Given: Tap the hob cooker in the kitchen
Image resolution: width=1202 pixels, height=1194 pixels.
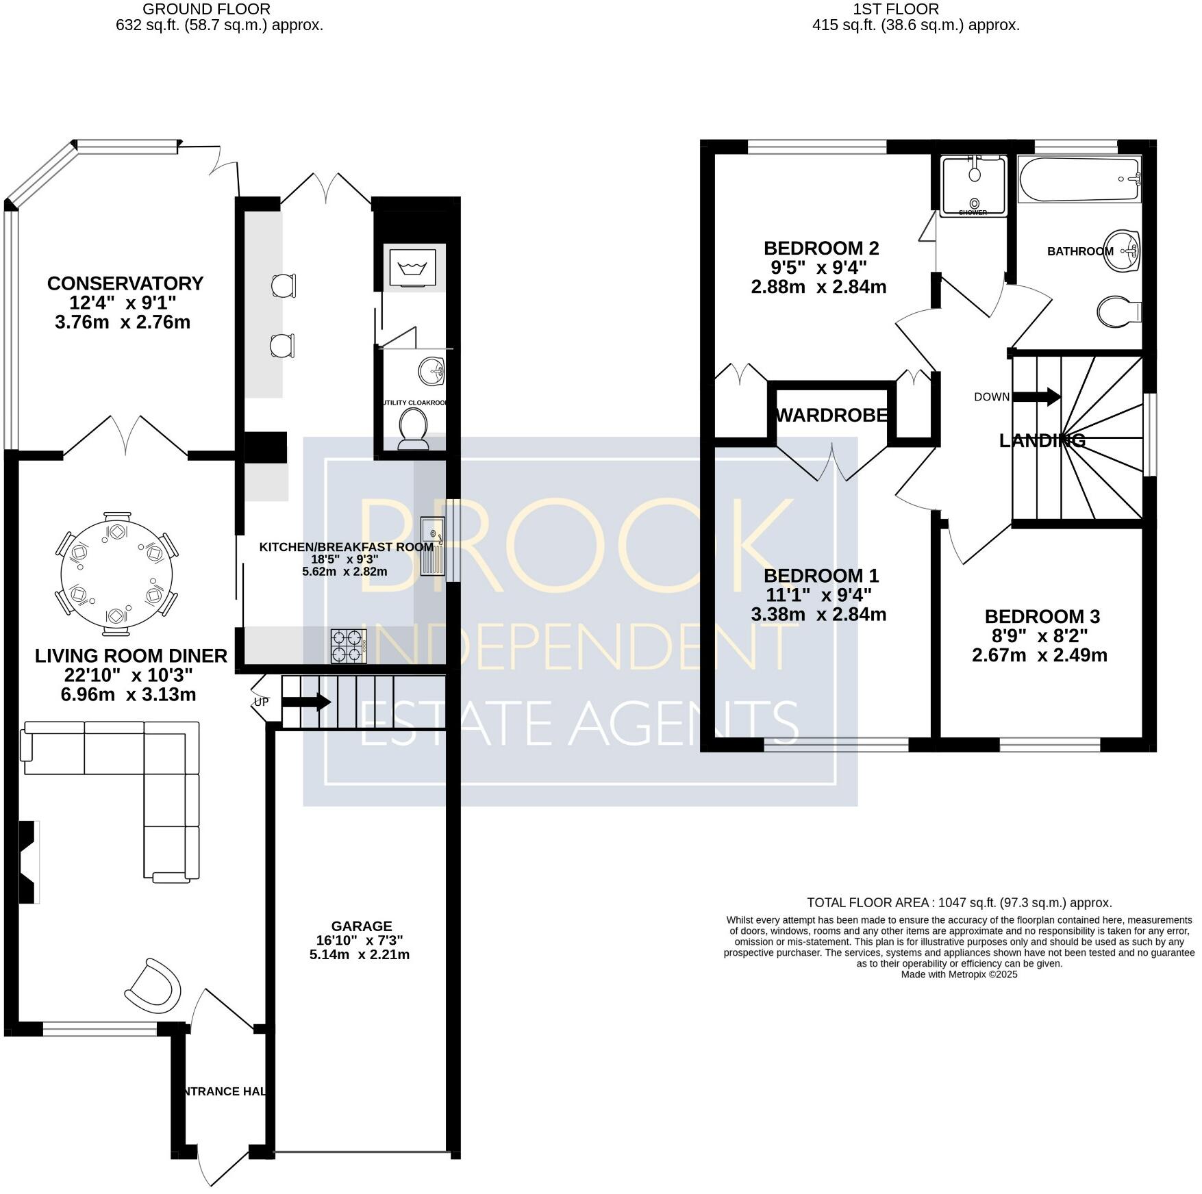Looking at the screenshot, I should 349,646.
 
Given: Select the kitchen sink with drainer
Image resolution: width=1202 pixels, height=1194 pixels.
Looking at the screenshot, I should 432,546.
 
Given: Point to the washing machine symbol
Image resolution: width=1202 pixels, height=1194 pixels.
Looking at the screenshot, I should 413,266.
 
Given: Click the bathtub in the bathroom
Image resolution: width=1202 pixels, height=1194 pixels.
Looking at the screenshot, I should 1079,179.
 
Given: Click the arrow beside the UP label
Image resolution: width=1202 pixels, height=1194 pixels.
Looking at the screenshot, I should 306,702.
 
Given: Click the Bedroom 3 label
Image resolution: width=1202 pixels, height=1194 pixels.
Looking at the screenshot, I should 1042,616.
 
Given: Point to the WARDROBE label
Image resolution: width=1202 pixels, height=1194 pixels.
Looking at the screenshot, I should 832,415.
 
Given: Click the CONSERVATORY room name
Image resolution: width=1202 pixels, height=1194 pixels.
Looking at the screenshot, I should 125,283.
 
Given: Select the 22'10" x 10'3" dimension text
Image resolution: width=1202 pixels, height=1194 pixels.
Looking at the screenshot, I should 129,675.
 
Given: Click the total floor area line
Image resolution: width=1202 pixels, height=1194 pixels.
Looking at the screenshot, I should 959,902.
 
